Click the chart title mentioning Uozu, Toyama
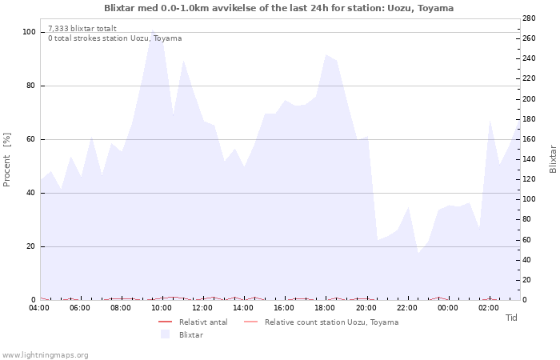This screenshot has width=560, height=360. click(x=278, y=8)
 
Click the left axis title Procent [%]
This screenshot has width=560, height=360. click(x=7, y=160)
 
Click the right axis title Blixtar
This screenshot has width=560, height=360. click(x=553, y=159)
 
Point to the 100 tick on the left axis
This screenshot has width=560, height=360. click(x=29, y=32)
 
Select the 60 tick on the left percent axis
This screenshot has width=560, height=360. click(x=31, y=139)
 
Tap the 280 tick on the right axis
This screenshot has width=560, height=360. click(x=529, y=18)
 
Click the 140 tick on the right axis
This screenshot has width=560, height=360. click(x=529, y=159)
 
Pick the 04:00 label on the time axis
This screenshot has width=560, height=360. click(x=40, y=307)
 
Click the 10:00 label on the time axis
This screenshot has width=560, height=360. click(x=162, y=307)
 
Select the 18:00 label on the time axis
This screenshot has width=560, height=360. click(x=326, y=307)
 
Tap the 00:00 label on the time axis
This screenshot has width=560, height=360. click(x=448, y=307)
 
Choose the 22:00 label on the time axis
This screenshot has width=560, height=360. click(x=407, y=307)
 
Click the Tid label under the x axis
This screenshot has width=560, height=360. click(x=511, y=318)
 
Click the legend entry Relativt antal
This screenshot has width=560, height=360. click(x=203, y=322)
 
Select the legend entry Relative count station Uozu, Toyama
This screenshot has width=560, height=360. click(x=331, y=322)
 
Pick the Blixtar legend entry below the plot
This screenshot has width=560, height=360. click(x=190, y=334)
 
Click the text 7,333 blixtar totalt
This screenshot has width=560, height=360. click(x=82, y=28)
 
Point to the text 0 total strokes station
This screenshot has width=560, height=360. click(x=114, y=38)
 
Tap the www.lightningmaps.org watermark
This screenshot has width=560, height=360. click(x=45, y=354)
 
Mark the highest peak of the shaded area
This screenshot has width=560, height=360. click(x=152, y=30)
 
